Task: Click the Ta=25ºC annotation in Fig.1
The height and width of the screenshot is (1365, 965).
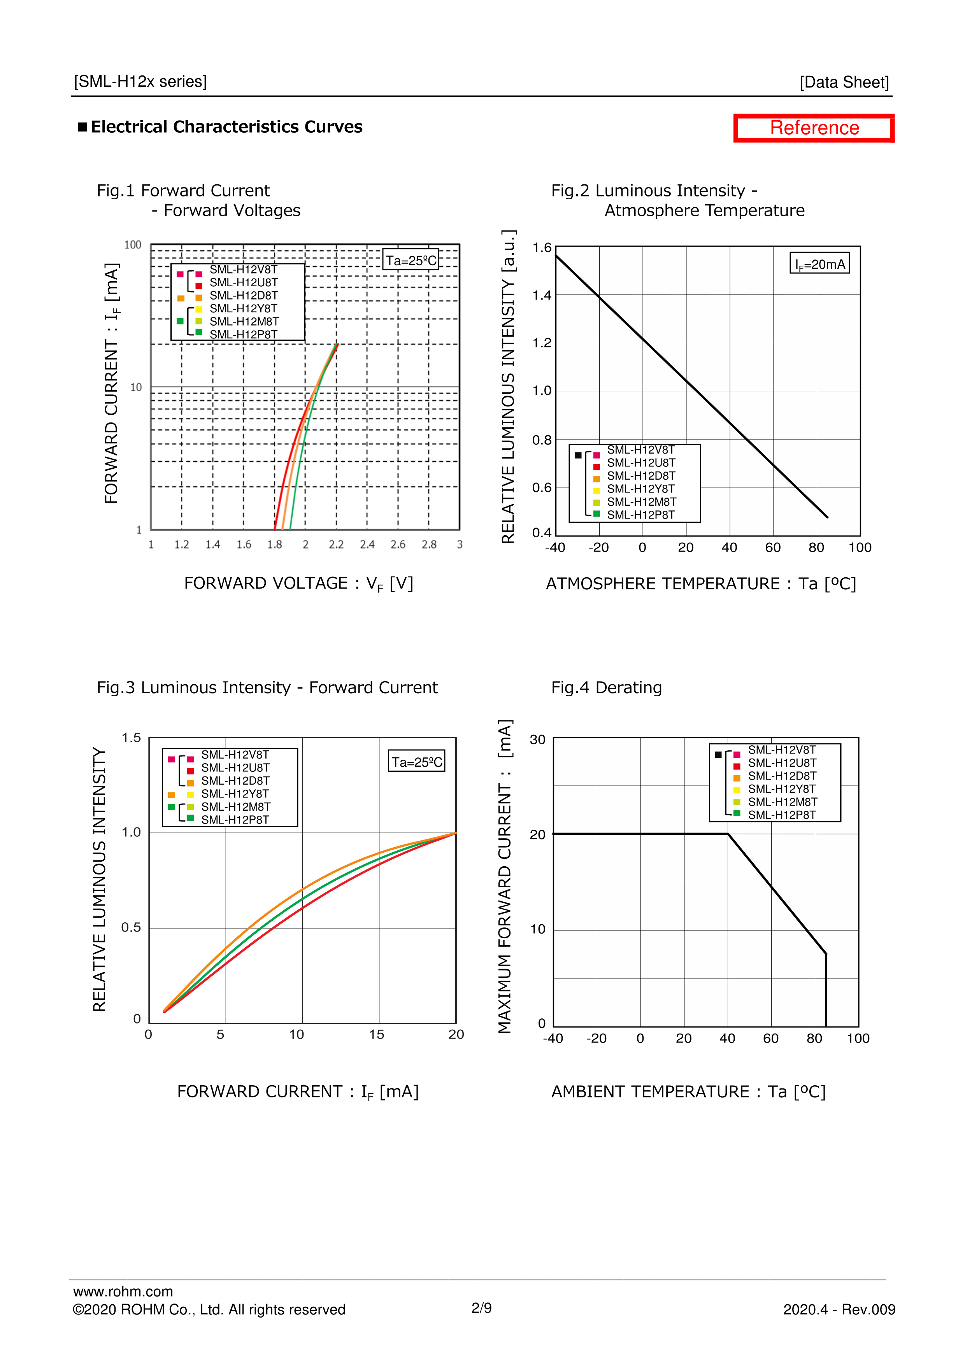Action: coord(411,260)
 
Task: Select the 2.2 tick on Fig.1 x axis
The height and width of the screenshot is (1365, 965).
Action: coord(336,545)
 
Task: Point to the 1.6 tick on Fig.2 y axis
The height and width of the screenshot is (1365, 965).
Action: coord(542,247)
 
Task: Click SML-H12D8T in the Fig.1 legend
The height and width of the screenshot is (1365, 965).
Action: coord(243,296)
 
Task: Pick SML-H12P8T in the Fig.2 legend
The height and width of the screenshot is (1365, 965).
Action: coord(640,515)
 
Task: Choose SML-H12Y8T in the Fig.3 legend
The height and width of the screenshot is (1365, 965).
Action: coord(235,794)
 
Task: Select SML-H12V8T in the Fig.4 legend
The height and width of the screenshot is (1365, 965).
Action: coord(781,750)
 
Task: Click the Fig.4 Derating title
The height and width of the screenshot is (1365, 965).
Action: coord(606,688)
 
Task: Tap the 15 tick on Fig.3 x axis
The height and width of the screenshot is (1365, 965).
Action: coord(376,1034)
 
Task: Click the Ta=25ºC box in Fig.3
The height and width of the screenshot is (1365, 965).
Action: coord(417,762)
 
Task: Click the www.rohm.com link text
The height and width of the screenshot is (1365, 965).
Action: coord(123,1291)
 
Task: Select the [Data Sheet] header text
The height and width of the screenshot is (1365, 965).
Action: coord(844,82)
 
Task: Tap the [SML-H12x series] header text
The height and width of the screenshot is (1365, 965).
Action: coord(140,81)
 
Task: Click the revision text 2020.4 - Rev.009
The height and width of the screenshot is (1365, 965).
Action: coord(839,1310)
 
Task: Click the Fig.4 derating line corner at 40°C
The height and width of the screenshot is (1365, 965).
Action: coord(728,834)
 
